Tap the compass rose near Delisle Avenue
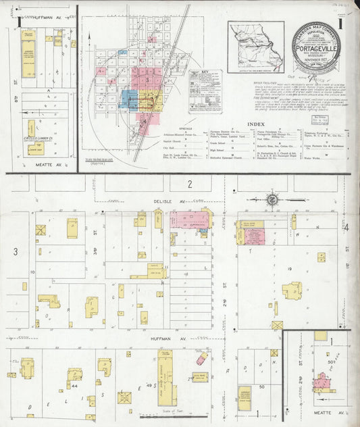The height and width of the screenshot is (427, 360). point(272,199)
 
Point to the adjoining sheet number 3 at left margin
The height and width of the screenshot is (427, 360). point(14,251)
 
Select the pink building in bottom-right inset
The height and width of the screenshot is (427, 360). point(320,383)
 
